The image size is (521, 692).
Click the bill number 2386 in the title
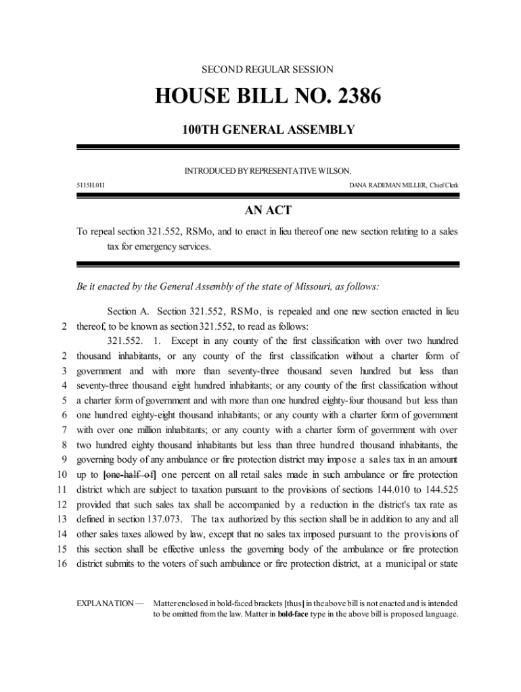pos(353,97)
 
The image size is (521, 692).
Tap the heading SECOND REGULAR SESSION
pos(268,69)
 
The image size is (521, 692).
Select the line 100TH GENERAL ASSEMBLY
pos(268,129)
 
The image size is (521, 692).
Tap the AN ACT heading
pos(268,211)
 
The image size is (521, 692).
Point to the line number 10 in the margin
pos(60,474)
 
